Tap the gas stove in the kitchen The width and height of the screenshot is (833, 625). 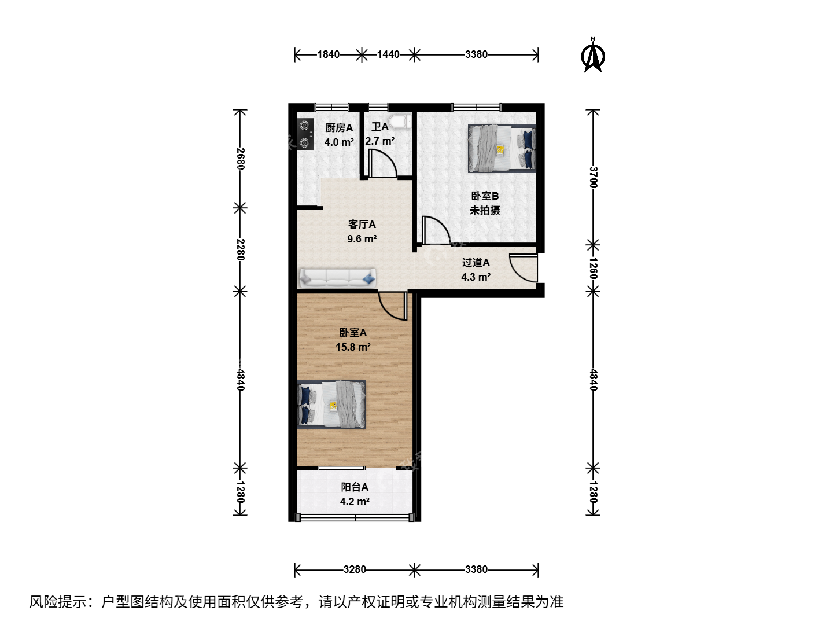click(x=305, y=134)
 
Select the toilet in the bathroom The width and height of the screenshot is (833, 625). click(x=401, y=122)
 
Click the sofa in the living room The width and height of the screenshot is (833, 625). click(x=337, y=278)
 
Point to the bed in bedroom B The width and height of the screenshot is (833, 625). click(x=502, y=149)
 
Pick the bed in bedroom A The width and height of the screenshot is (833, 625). click(x=331, y=405)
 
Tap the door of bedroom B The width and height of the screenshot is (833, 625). click(x=436, y=230)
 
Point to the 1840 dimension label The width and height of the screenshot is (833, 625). click(x=328, y=54)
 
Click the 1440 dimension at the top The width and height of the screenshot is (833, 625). click(x=388, y=54)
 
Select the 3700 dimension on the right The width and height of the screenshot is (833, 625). click(x=593, y=177)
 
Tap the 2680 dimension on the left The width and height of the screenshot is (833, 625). click(x=240, y=159)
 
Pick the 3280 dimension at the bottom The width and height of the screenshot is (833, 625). click(x=355, y=569)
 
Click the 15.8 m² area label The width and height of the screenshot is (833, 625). click(x=353, y=347)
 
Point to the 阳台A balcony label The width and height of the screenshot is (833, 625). click(x=355, y=487)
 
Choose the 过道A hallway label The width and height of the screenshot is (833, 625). click(x=476, y=262)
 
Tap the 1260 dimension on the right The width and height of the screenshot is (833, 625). click(x=593, y=268)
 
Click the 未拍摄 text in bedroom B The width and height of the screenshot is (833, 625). click(x=485, y=210)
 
